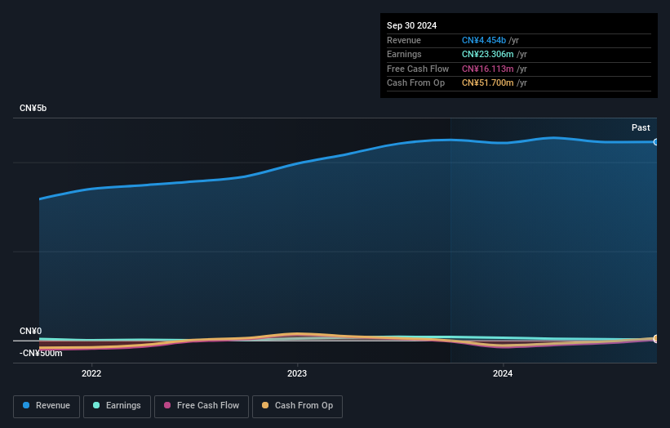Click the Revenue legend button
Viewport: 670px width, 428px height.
tap(47, 406)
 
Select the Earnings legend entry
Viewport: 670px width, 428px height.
tap(117, 406)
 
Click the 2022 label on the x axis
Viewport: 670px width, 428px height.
tap(91, 374)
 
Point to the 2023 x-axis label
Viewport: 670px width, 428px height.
tap(297, 374)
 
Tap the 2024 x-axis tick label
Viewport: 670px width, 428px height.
tap(503, 374)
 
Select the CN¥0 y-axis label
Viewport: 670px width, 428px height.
tap(30, 331)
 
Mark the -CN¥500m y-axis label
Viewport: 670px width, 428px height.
tap(41, 353)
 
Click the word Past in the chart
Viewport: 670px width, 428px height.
tap(641, 127)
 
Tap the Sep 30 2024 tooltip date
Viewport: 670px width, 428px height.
tap(412, 25)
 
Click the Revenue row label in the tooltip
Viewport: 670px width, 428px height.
tap(404, 40)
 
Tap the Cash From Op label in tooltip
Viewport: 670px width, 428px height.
tap(415, 82)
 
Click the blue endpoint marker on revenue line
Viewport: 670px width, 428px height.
tap(655, 142)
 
